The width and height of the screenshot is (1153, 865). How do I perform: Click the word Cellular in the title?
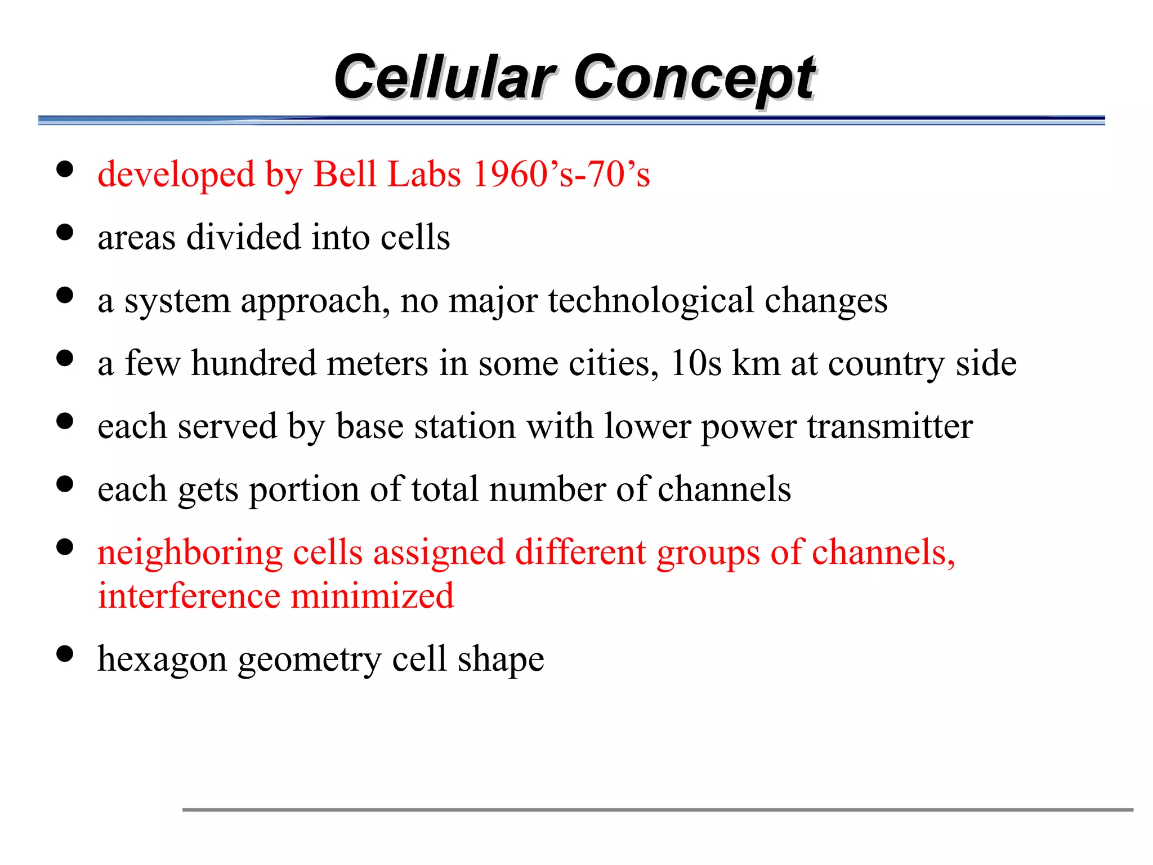(x=445, y=77)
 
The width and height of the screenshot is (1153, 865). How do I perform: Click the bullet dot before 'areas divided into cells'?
(x=65, y=233)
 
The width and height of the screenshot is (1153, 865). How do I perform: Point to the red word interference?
(x=189, y=596)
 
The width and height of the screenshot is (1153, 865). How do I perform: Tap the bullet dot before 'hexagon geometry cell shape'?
(x=65, y=654)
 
